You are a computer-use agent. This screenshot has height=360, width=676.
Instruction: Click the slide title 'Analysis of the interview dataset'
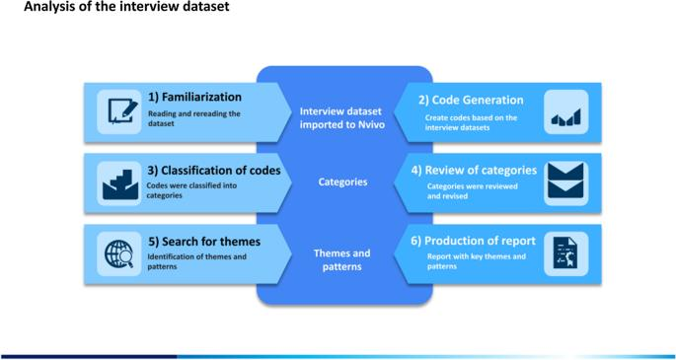(x=126, y=7)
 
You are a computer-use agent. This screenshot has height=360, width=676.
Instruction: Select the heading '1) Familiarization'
(x=194, y=98)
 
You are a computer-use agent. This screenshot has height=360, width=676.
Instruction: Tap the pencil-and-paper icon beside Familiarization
(x=123, y=111)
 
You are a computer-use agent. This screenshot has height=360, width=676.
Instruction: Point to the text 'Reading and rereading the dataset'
(x=194, y=119)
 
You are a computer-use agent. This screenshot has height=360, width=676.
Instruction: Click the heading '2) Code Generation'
(x=471, y=101)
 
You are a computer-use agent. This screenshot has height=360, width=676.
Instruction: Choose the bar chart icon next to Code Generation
(x=566, y=117)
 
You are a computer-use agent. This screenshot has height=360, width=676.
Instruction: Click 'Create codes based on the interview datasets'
(x=471, y=122)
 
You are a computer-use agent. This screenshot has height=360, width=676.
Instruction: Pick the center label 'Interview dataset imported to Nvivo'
(x=341, y=118)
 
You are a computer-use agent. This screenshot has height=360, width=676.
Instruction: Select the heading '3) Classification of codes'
(x=214, y=171)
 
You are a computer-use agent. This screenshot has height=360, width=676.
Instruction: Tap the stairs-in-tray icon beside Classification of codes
(x=120, y=184)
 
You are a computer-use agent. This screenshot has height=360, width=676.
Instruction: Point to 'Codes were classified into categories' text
(x=191, y=190)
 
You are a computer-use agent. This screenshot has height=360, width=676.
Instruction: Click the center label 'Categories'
(x=343, y=182)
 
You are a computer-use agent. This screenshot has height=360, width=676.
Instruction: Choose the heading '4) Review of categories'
(x=474, y=171)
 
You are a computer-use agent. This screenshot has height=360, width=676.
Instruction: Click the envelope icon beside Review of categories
(x=565, y=180)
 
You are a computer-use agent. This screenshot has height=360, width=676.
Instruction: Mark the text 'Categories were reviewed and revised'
(x=472, y=191)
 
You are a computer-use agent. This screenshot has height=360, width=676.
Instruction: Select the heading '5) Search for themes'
(x=204, y=242)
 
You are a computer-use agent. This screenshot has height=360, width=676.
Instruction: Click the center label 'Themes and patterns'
(x=341, y=259)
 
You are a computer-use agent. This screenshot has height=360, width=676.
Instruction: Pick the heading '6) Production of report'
(x=473, y=241)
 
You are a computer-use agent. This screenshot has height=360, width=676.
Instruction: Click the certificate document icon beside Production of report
(x=565, y=254)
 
